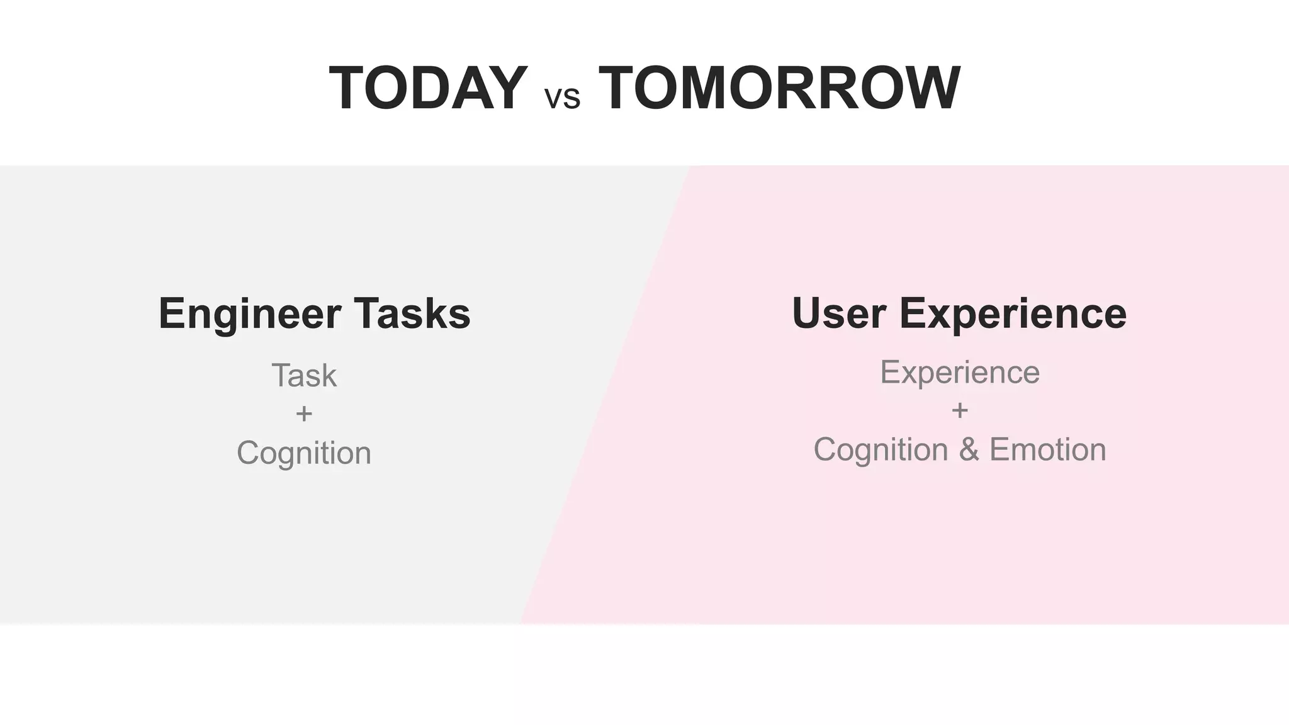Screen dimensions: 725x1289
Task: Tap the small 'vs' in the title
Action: click(562, 99)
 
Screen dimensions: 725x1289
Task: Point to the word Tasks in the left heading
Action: click(412, 313)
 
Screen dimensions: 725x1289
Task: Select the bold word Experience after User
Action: click(1013, 314)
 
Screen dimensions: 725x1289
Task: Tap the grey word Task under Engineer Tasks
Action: click(304, 376)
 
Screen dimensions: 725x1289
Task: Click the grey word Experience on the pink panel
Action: click(960, 373)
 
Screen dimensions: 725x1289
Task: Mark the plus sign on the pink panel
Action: click(960, 411)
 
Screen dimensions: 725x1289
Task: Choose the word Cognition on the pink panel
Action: click(881, 450)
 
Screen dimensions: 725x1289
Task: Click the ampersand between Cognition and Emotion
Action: click(969, 450)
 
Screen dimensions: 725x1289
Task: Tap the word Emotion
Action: click(1047, 450)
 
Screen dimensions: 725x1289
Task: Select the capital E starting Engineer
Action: click(171, 313)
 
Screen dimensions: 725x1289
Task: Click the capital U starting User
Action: click(808, 313)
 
